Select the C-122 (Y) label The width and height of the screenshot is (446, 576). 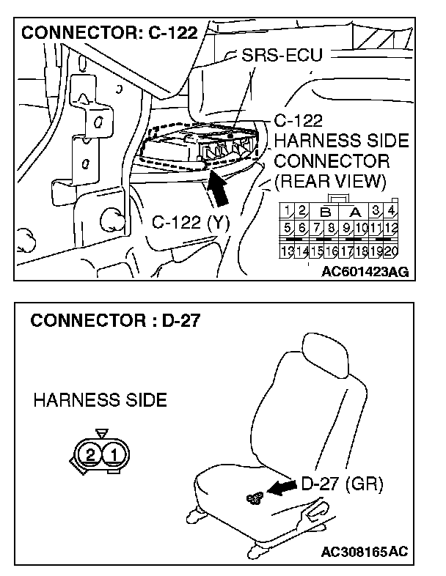[191, 222]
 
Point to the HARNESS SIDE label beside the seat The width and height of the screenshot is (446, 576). [100, 400]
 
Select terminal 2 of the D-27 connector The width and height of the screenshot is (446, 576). [90, 454]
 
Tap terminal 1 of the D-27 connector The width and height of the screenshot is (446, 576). [114, 454]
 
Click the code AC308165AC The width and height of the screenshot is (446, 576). [365, 550]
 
